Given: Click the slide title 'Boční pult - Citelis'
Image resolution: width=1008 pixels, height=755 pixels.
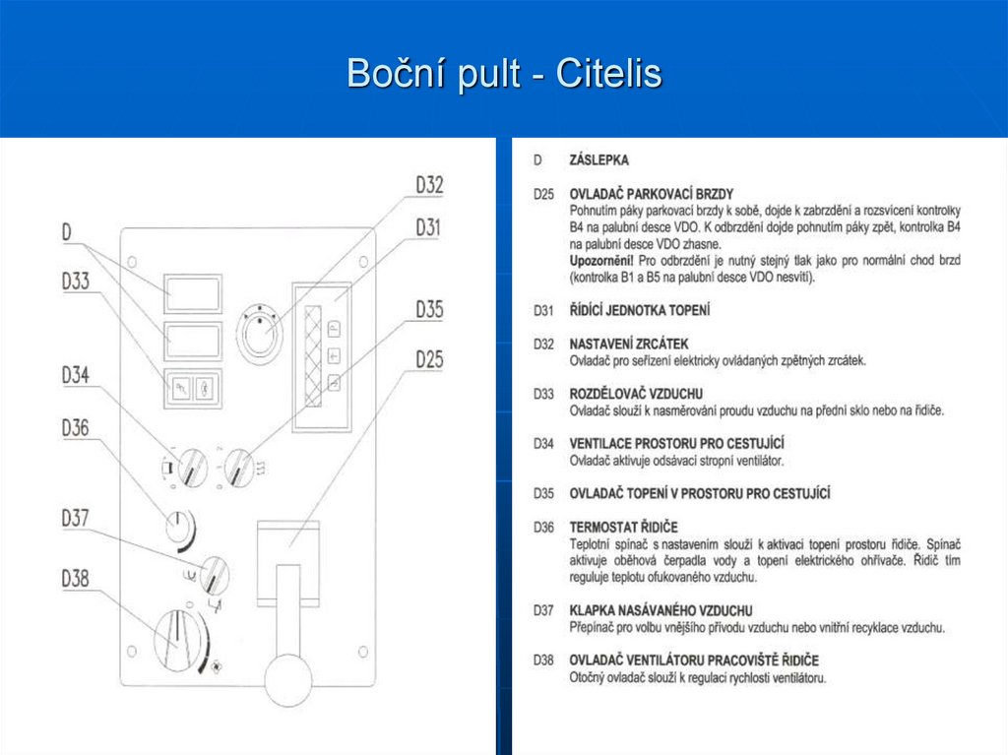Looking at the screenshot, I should tap(504, 73).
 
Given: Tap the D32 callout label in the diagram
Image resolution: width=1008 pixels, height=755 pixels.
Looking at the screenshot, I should tap(429, 185).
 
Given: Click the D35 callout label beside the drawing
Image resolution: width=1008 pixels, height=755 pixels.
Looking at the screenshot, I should tap(429, 310).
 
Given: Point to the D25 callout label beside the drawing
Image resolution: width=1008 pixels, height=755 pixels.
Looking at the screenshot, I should tap(429, 359).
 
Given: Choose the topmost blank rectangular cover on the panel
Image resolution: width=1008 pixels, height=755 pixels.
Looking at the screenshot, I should tap(192, 292).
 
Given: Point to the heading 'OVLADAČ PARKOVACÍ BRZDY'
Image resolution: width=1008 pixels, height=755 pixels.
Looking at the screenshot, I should tap(651, 194).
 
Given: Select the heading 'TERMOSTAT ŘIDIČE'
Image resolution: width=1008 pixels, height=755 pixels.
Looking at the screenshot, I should tap(624, 528).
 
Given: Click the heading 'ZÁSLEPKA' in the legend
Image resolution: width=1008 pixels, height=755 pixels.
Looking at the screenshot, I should tap(598, 158).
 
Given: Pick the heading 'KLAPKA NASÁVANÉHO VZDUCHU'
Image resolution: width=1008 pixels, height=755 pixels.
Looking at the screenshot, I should tap(661, 610).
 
